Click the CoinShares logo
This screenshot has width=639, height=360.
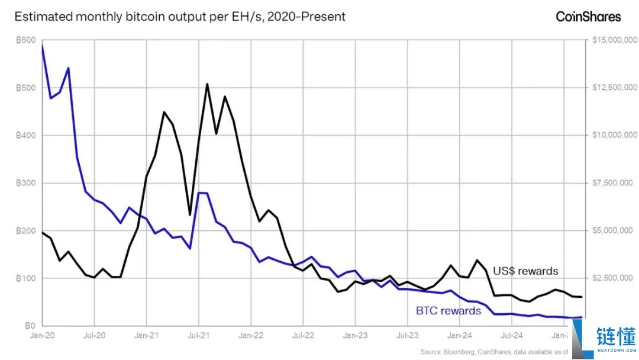pos(588,17)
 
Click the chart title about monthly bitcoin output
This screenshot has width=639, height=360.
pos(180,17)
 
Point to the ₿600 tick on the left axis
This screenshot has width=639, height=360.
pos(25,40)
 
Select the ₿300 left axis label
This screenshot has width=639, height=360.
pos(25,183)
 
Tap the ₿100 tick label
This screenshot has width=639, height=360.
pos(25,278)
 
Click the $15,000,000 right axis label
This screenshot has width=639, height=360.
pos(614,40)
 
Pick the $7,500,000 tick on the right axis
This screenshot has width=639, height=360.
pos(614,183)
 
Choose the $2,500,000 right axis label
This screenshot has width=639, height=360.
pos(614,278)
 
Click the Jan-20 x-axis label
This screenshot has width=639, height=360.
pos(42,335)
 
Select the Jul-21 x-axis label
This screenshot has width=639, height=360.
pos(199,335)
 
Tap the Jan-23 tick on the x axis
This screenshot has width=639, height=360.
pos(356,335)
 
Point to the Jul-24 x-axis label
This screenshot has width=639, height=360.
pos(512,335)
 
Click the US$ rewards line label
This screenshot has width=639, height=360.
pos(525,271)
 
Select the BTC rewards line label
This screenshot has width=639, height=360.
pos(448,310)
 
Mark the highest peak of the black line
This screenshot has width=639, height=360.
pos(207,84)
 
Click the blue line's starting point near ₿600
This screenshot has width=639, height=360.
pos(42,46)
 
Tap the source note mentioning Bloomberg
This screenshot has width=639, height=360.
pos(494,352)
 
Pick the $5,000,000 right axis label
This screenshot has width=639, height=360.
pos(614,230)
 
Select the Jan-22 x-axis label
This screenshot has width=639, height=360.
pos(251,335)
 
